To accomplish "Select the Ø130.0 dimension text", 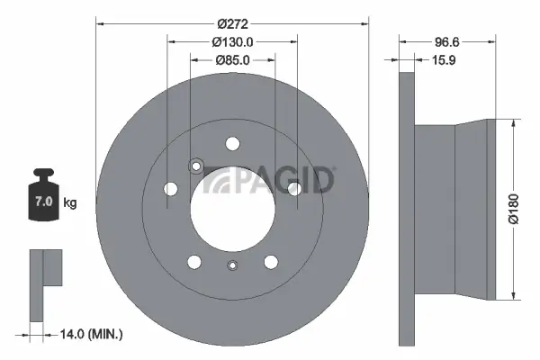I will (x=232, y=40).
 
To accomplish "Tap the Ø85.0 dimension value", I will (x=232, y=60).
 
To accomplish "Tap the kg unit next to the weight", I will (x=69, y=203).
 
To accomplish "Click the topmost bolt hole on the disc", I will (x=232, y=143).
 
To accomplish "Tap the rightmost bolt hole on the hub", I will (x=293, y=189).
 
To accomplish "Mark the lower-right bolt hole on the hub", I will (x=270, y=261).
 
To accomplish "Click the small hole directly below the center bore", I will (x=232, y=265).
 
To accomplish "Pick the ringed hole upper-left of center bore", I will (x=196, y=166).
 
